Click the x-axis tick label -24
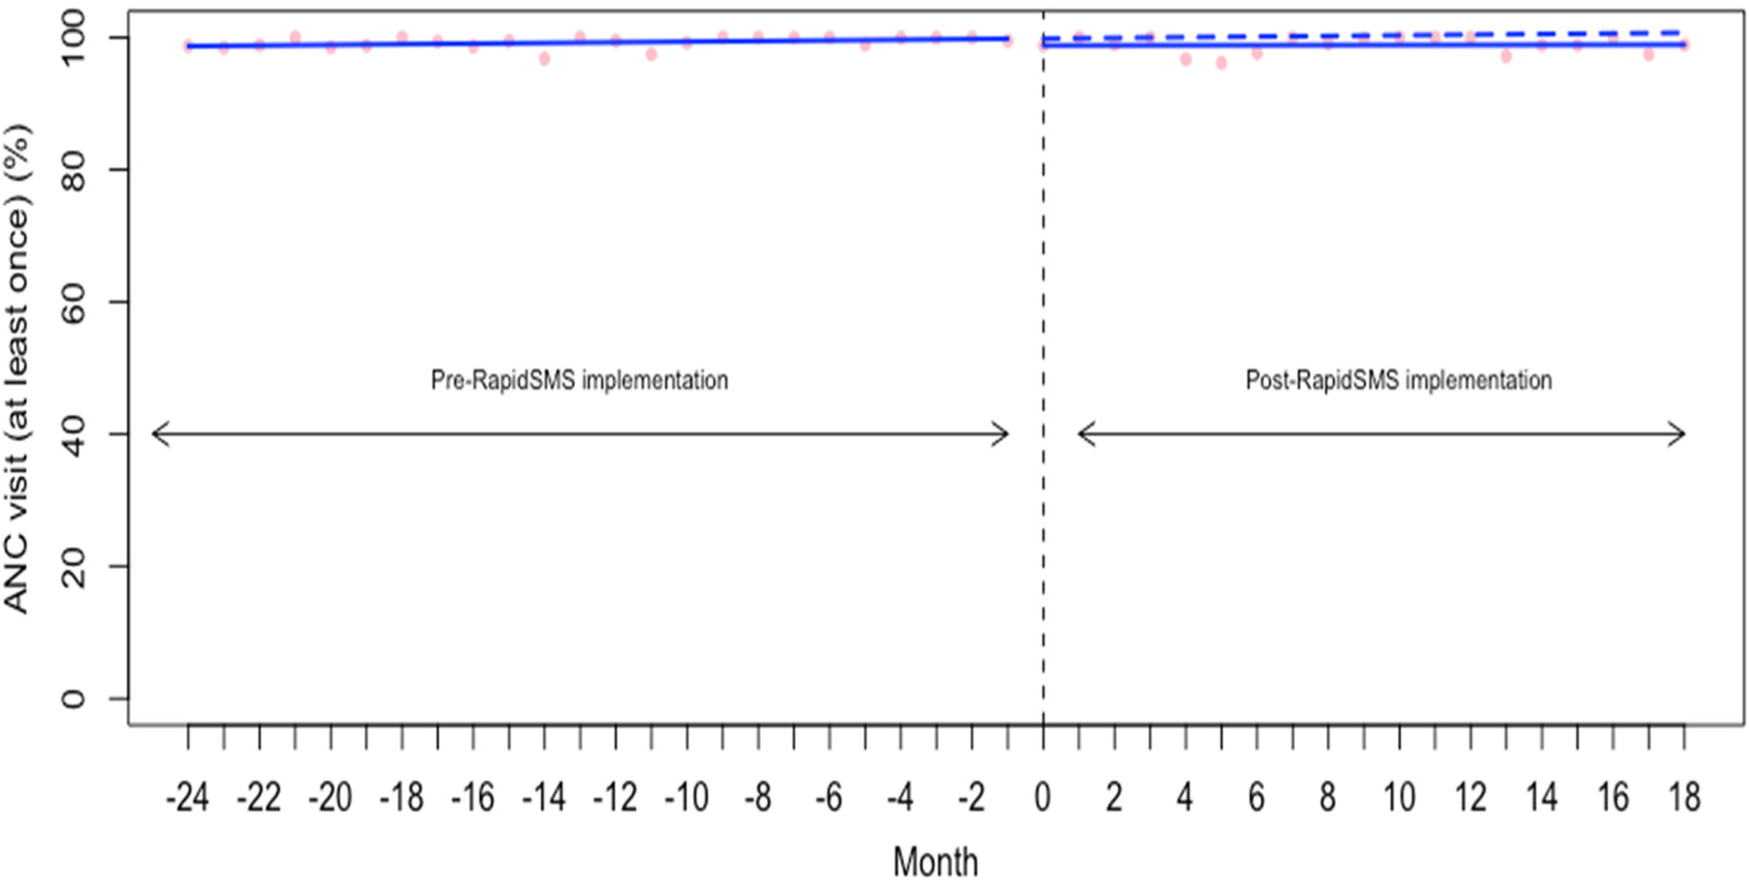[187, 797]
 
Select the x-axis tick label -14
[544, 797]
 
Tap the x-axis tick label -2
[972, 797]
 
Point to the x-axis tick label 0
[1043, 797]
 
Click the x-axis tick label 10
[1398, 797]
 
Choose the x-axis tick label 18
[1683, 797]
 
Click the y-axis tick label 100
[74, 38]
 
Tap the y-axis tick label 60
[74, 302]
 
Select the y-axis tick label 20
[74, 566]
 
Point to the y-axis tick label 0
[74, 698]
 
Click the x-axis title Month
[935, 860]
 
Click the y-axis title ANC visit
[18, 369]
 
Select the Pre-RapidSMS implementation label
[580, 380]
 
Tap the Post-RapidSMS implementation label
[1398, 380]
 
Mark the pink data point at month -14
[545, 59]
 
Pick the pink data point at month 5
[1221, 63]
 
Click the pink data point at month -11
[652, 55]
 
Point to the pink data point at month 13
[1506, 57]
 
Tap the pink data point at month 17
[1648, 55]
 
